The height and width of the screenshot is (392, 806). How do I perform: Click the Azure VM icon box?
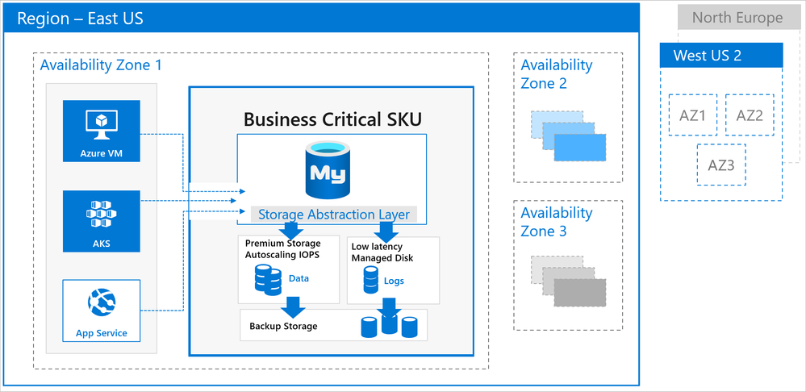(101, 131)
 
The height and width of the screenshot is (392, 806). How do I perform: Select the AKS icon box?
(101, 221)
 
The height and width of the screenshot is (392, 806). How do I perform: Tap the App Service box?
(101, 311)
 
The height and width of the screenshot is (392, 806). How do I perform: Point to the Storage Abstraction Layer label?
(334, 215)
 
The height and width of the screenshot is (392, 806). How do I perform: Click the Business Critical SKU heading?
(332, 119)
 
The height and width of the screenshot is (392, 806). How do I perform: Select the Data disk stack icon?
(265, 280)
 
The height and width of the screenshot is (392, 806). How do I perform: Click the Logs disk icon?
(370, 280)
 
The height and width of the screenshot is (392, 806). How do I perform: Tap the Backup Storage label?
(282, 326)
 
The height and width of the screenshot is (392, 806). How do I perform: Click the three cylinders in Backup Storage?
(388, 325)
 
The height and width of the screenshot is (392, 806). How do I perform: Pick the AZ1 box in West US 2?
(692, 115)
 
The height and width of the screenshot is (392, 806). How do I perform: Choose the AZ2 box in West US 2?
(749, 115)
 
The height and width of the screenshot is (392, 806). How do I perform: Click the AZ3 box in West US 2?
(721, 165)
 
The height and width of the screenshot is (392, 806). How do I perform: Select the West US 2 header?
(721, 56)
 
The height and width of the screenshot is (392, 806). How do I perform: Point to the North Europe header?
(737, 18)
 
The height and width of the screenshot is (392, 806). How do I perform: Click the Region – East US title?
(81, 19)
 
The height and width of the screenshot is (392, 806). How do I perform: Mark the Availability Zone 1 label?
(101, 65)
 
